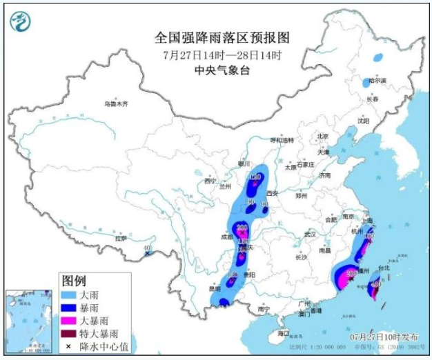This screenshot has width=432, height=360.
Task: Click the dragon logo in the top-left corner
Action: (x=21, y=22)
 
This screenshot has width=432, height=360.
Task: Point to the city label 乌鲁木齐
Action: (x=116, y=104)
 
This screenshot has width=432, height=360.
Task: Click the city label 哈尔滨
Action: (x=377, y=81)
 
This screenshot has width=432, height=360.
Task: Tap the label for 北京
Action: (x=322, y=136)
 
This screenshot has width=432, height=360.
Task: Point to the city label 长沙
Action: (x=302, y=257)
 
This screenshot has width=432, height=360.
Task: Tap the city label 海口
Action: (x=284, y=333)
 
